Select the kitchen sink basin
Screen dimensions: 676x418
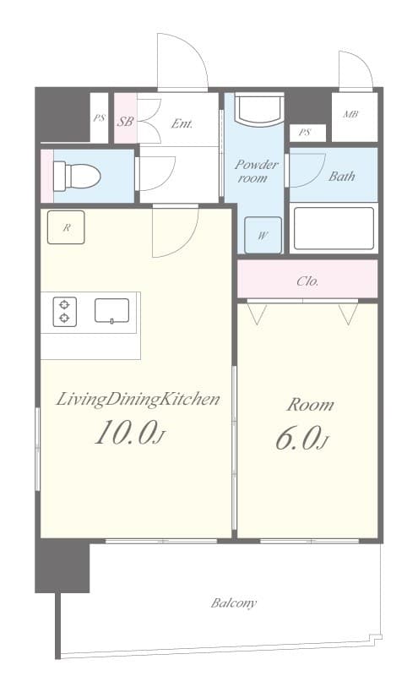(111, 310)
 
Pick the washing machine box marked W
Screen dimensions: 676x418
(263, 235)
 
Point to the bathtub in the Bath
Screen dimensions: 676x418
(333, 227)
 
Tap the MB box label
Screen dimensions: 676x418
(350, 114)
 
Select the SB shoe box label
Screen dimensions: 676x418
(125, 122)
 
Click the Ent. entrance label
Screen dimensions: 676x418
(182, 123)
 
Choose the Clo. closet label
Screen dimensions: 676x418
(307, 281)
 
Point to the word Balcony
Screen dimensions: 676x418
(233, 603)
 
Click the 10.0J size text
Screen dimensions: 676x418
(128, 434)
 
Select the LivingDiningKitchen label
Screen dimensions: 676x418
(138, 399)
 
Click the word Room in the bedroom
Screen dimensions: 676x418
(309, 405)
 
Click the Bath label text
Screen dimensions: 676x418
(341, 177)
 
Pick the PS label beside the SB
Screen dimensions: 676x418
(99, 117)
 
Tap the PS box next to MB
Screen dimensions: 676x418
(305, 132)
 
